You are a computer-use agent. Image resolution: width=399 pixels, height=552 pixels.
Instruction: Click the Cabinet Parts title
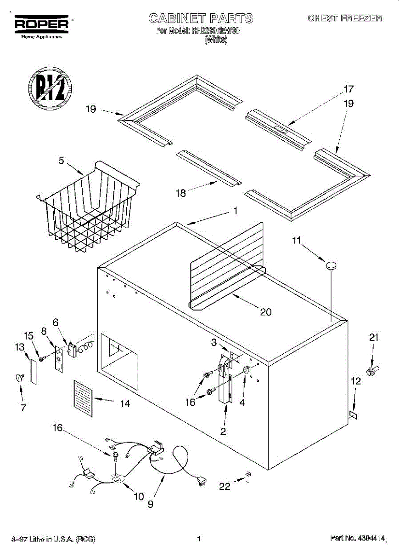point(201,18)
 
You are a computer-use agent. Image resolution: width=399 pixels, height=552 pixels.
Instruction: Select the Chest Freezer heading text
point(344,18)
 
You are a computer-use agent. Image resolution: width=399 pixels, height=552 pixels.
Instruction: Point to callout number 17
point(348,89)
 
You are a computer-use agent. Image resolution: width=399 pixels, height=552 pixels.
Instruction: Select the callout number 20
point(265,312)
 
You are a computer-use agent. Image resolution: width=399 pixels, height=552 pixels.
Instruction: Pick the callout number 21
point(374,338)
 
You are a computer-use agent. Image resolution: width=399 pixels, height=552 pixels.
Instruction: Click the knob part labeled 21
point(373,369)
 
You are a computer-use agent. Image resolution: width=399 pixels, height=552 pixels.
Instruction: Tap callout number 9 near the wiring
point(151,504)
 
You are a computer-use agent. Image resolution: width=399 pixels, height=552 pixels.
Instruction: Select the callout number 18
point(181,193)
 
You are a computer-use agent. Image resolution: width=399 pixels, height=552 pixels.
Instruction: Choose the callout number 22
point(225,487)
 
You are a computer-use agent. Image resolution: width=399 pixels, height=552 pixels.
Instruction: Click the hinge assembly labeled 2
point(225,382)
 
